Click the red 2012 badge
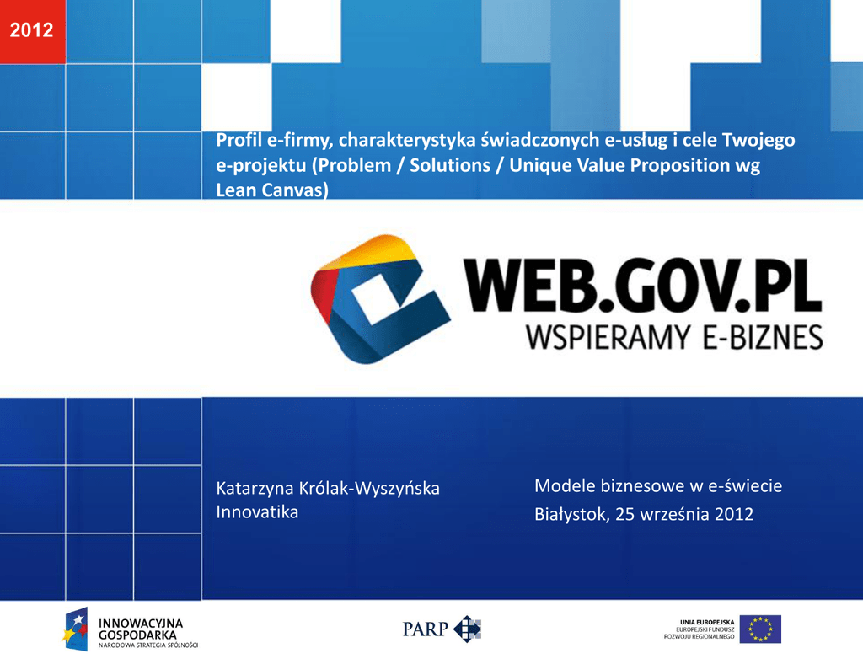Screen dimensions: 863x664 click(x=33, y=31)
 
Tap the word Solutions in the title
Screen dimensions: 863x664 click(x=450, y=165)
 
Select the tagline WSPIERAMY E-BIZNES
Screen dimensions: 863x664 click(x=674, y=337)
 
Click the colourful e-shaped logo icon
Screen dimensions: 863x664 click(x=380, y=299)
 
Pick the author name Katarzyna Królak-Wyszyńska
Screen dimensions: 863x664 click(x=328, y=489)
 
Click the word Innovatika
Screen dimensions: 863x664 click(x=257, y=512)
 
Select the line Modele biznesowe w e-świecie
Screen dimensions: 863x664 click(x=658, y=485)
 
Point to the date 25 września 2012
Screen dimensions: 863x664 click(x=684, y=514)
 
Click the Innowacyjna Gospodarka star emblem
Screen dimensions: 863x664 click(x=75, y=629)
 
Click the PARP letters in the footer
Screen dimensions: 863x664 click(x=425, y=629)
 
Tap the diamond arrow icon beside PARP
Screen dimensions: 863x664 click(x=467, y=629)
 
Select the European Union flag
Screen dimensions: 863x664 click(x=760, y=629)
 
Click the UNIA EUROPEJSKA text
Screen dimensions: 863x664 click(x=707, y=622)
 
